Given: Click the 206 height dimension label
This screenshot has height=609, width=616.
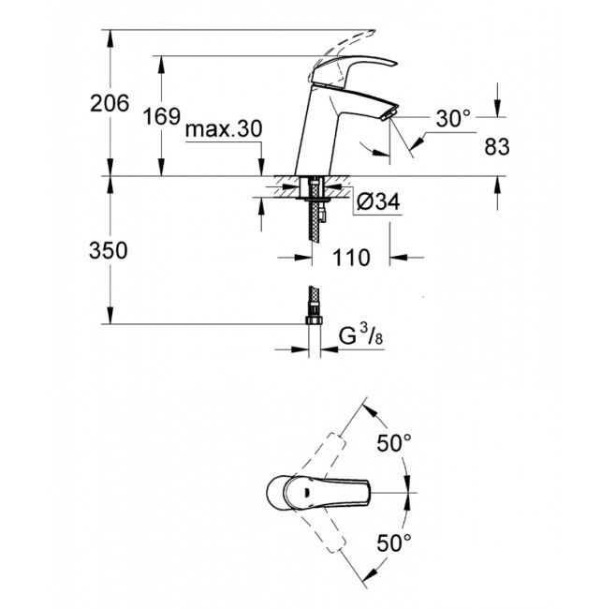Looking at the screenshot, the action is point(109,104).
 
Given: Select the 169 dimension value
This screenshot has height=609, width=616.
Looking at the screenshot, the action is point(161,117).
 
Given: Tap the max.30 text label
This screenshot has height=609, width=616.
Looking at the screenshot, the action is point(222,129).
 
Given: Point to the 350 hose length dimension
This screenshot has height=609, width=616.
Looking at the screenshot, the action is point(109,250).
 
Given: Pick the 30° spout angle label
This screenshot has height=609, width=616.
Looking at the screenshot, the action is point(453,119).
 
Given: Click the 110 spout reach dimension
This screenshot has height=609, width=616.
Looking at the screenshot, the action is point(351,256).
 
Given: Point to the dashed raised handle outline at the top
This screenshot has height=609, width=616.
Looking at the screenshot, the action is point(346,42).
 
